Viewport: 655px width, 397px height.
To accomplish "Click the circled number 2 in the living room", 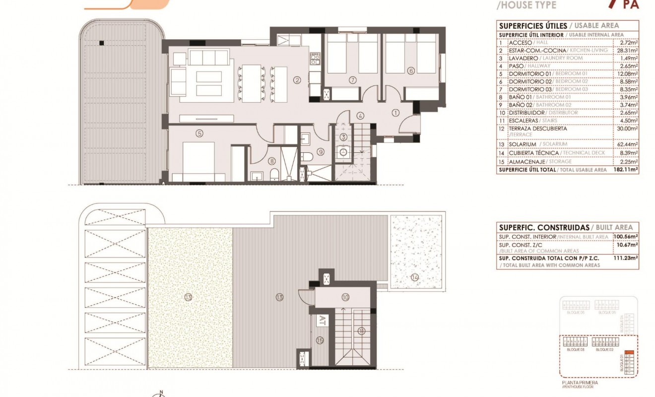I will coord(297,79).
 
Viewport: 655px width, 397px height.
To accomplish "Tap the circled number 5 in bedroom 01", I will coord(199,133).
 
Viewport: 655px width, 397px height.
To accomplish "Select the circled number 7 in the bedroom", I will coord(352,79).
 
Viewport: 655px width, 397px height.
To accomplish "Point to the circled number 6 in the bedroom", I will coord(410,71).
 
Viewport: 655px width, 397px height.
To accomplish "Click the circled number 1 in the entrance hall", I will coord(395,113).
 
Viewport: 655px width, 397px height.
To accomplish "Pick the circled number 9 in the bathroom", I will coord(321,152).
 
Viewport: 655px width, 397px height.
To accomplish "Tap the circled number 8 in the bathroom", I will coord(271,160).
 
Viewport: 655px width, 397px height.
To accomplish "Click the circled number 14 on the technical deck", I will coord(414,277).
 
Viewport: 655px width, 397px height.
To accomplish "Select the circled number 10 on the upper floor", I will coord(345,297).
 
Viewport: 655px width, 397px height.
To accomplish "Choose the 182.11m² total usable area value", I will coord(627,170).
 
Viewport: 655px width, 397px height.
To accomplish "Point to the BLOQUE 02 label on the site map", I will coord(604,350).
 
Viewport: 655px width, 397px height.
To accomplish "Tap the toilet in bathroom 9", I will coord(308,157).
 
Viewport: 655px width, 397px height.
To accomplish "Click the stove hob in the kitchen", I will coord(314,59).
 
